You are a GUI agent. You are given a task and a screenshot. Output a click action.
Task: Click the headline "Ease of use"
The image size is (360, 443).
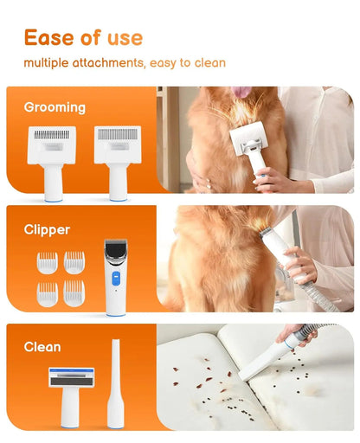pyautogui.click(x=83, y=37)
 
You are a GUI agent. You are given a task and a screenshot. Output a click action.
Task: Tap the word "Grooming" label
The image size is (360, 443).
pyautogui.click(x=55, y=108)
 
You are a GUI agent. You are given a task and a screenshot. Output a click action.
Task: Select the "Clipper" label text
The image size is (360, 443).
pyautogui.click(x=47, y=230)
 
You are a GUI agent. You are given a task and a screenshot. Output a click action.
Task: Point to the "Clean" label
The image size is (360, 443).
pyautogui.click(x=42, y=347)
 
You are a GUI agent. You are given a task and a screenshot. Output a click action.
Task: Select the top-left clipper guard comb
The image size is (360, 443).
pyautogui.click(x=47, y=262)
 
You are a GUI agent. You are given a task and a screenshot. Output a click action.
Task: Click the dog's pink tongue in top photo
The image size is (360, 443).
pyautogui.click(x=242, y=91)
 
